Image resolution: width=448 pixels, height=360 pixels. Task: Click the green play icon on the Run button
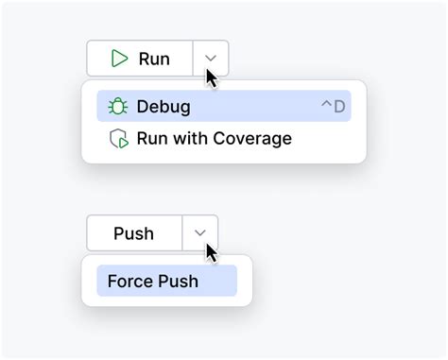point(119,59)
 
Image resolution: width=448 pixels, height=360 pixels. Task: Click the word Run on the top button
point(154,59)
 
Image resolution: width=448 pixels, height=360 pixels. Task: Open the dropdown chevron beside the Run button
point(211,59)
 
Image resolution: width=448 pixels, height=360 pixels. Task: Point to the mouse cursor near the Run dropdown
point(212,77)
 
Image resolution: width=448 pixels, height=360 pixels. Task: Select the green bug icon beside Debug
point(118,107)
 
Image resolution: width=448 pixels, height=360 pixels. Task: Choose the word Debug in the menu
point(164,107)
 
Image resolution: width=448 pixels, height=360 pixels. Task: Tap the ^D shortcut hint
point(333,107)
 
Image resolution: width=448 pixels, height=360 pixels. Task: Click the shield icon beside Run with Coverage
point(118,139)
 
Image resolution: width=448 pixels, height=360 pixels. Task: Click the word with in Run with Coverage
point(192,139)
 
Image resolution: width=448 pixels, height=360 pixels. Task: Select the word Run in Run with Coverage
point(152,139)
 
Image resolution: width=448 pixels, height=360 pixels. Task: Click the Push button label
point(133,233)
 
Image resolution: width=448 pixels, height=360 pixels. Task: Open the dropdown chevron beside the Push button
point(199,232)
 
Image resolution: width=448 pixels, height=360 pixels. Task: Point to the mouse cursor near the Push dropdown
point(212,252)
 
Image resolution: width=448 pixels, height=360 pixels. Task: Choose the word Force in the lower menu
point(129,281)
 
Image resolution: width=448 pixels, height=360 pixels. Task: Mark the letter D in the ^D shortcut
point(338,107)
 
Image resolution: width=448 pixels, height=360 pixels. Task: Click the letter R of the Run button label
point(145,59)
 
